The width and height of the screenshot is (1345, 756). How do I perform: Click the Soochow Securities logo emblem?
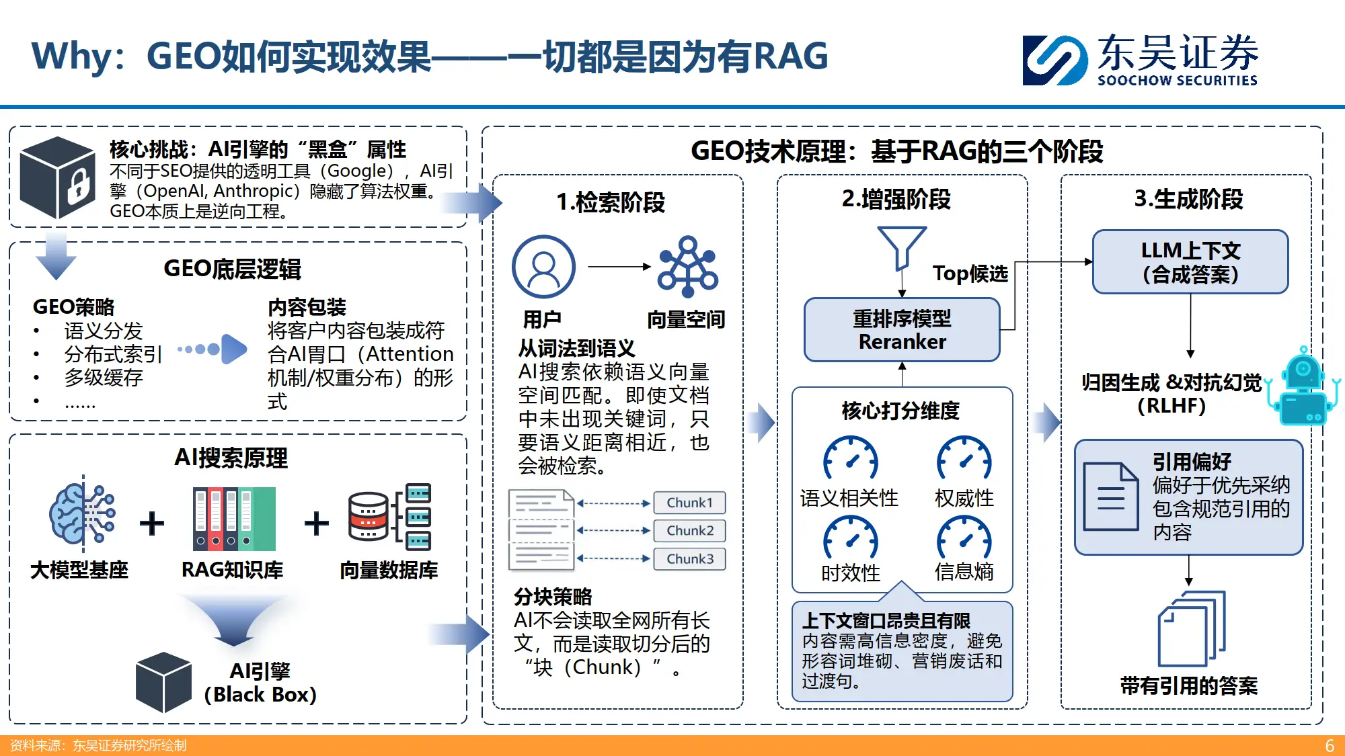click(1054, 60)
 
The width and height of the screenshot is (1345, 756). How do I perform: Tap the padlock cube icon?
click(58, 177)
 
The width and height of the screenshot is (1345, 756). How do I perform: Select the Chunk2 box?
click(689, 531)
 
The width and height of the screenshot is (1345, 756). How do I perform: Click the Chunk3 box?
click(689, 559)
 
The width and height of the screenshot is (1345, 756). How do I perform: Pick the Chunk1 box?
click(689, 503)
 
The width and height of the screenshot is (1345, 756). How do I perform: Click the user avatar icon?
click(543, 267)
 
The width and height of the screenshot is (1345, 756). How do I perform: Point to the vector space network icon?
click(687, 267)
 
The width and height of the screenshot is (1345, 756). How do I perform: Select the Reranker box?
click(902, 330)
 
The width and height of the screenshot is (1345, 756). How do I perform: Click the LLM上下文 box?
click(1190, 262)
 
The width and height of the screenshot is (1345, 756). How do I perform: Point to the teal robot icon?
click(1303, 388)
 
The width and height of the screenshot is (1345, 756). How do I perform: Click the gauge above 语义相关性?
click(850, 460)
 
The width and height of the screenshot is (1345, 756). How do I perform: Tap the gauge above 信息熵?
click(964, 539)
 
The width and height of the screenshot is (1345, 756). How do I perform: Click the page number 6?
click(1329, 746)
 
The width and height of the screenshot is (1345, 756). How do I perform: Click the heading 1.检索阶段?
click(610, 202)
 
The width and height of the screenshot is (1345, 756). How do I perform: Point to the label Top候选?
click(970, 274)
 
